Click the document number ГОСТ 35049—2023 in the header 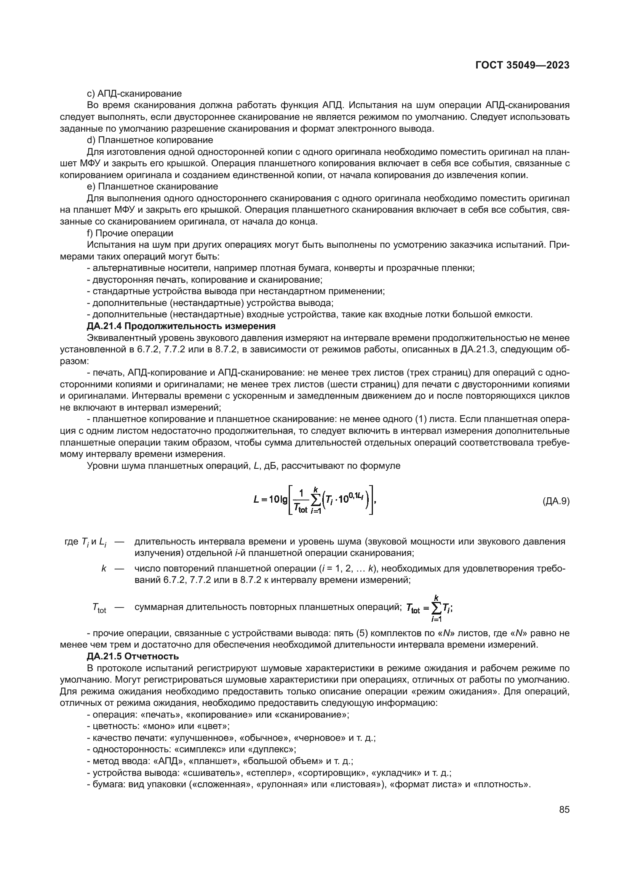(522, 65)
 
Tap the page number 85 (564, 810)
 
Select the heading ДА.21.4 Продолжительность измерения (181, 326)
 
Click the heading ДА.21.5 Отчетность (133, 656)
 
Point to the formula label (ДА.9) (555, 501)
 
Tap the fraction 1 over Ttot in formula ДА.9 (300, 501)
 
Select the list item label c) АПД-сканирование (134, 94)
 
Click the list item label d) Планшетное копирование (150, 140)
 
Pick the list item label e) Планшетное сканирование (152, 186)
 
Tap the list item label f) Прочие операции (130, 233)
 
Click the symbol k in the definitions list (104, 568)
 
